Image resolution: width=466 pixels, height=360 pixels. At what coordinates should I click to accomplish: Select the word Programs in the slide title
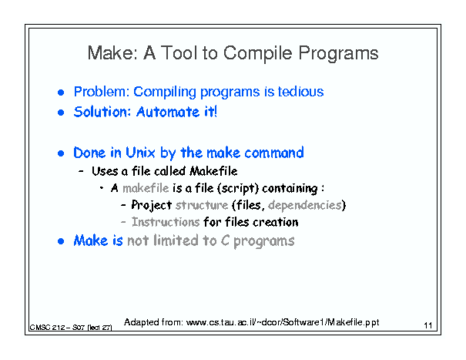(x=338, y=54)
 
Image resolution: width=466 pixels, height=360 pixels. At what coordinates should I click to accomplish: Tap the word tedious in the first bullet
(x=300, y=91)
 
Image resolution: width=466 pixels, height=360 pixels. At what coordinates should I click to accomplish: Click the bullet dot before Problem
(x=61, y=93)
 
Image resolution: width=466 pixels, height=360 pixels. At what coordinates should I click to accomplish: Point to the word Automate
(x=168, y=112)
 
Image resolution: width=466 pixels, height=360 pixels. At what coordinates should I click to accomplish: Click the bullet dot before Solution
(x=61, y=113)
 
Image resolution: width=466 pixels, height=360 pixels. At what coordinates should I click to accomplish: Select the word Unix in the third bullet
(x=140, y=153)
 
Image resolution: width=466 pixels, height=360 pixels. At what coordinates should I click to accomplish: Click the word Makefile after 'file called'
(x=213, y=171)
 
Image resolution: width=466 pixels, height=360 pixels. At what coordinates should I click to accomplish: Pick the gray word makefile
(x=146, y=188)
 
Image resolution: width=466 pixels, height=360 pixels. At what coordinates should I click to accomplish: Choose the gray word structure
(x=202, y=205)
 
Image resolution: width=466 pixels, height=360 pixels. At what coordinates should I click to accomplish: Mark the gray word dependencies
(x=305, y=205)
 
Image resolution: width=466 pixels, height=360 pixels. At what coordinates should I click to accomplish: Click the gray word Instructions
(x=166, y=222)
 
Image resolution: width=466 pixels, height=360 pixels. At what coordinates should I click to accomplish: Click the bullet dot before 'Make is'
(x=61, y=241)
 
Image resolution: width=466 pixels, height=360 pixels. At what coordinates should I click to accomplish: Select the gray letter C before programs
(x=225, y=241)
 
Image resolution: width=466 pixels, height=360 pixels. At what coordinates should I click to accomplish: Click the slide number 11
(x=428, y=325)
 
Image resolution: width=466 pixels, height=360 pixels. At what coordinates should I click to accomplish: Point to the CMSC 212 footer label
(x=71, y=328)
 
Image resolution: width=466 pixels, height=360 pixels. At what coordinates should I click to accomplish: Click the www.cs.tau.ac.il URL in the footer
(x=283, y=322)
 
